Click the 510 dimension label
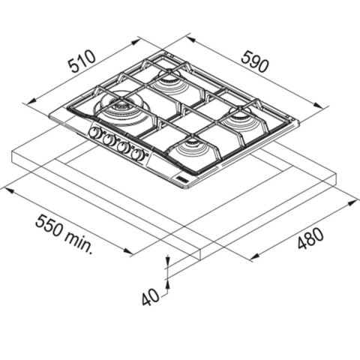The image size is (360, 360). pos(82,61)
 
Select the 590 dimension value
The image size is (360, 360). pos(255,61)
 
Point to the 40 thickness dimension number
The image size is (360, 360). pos(150,297)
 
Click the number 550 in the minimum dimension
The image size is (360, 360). pos(49,226)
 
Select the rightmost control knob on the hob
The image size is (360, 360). pos(138,154)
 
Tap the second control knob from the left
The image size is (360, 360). pos(109,140)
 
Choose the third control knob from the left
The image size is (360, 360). pos(123,147)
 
